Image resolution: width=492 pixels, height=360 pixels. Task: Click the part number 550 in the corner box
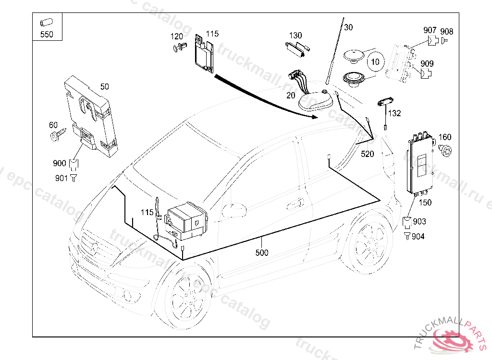tap(47, 34)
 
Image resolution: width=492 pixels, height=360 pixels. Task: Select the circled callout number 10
tap(375, 62)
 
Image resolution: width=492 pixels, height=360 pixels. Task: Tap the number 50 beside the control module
tap(104, 87)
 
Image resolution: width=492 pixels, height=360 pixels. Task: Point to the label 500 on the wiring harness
tap(262, 252)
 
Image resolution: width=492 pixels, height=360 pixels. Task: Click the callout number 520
tap(367, 154)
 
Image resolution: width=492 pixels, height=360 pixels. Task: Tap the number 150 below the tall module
tap(425, 203)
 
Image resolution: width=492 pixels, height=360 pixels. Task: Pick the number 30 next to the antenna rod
tap(348, 27)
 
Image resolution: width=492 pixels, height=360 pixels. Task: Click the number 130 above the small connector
tap(295, 36)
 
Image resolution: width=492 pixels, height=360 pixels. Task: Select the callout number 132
tap(394, 113)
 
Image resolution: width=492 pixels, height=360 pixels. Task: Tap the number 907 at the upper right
tap(430, 30)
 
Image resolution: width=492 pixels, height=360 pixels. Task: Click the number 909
tap(427, 63)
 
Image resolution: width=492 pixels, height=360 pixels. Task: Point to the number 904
tap(418, 237)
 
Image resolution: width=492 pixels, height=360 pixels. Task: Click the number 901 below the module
tap(61, 178)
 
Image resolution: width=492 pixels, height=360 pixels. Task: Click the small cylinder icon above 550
tap(46, 22)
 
